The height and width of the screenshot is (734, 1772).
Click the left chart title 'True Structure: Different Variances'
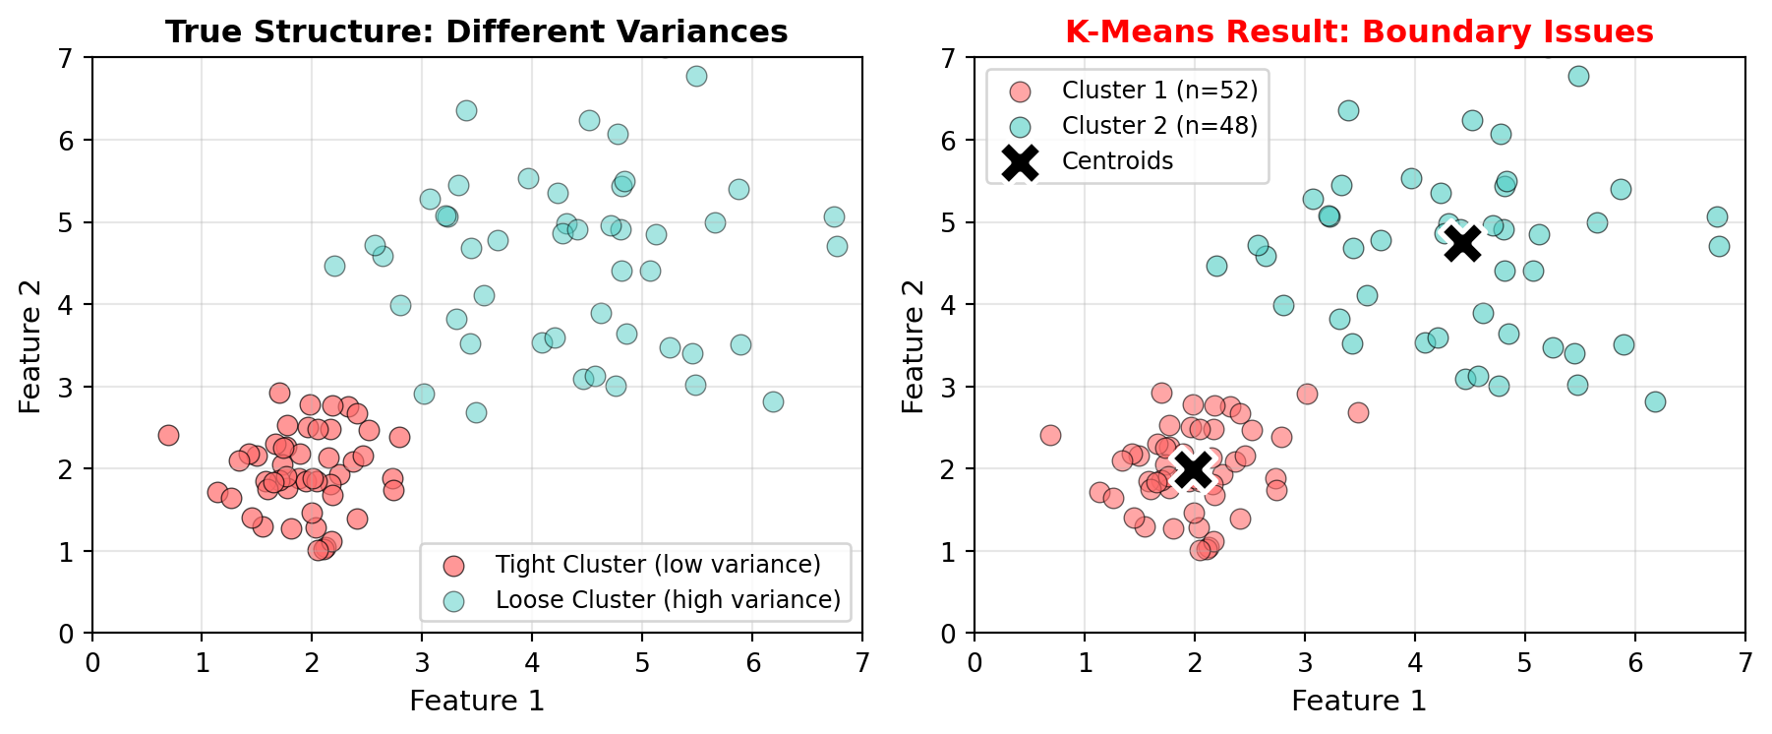(476, 31)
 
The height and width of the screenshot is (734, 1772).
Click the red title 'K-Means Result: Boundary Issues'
(1359, 31)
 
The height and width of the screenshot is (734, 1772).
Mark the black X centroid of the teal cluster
(1462, 242)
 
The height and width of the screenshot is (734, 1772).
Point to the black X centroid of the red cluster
(1194, 468)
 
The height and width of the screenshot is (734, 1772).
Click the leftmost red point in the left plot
(168, 435)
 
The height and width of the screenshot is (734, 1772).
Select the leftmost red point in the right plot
(1050, 435)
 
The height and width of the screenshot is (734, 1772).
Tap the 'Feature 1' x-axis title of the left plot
(477, 701)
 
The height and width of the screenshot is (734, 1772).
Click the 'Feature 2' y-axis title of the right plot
(914, 345)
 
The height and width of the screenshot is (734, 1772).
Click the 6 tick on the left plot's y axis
(67, 141)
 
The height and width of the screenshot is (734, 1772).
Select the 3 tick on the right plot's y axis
(949, 387)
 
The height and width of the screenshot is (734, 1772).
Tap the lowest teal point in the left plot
(476, 412)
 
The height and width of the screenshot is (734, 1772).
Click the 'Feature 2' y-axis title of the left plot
(31, 345)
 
